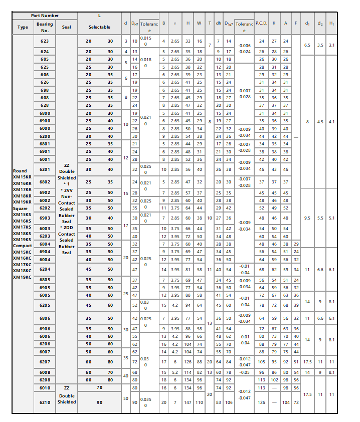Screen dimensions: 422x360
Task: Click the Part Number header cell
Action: tap(44, 16)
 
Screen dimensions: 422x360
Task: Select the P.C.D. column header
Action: tap(261, 23)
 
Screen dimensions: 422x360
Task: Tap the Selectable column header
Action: tap(99, 27)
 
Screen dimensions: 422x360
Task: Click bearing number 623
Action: tap(45, 41)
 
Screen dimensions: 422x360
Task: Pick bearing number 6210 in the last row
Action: tap(45, 402)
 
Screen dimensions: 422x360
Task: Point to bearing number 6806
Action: tap(45, 318)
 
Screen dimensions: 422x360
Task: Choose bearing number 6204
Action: tap(45, 269)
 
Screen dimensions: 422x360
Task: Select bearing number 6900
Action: tap(45, 121)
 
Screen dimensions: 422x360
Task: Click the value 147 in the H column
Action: tap(188, 402)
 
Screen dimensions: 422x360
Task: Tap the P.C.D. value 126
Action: tap(261, 402)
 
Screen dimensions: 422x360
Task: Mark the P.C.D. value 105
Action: tap(261, 361)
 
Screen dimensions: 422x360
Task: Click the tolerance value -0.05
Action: tap(244, 372)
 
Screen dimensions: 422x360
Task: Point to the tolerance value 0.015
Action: tap(145, 38)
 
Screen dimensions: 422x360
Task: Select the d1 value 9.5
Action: tap(307, 218)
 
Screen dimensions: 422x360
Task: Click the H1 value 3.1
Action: tap(332, 45)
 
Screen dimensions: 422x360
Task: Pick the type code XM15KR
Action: tap(22, 177)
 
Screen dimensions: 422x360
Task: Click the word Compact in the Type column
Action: tap(22, 246)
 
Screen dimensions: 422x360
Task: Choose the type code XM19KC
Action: tap(22, 277)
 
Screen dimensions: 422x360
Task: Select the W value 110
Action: tap(199, 402)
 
